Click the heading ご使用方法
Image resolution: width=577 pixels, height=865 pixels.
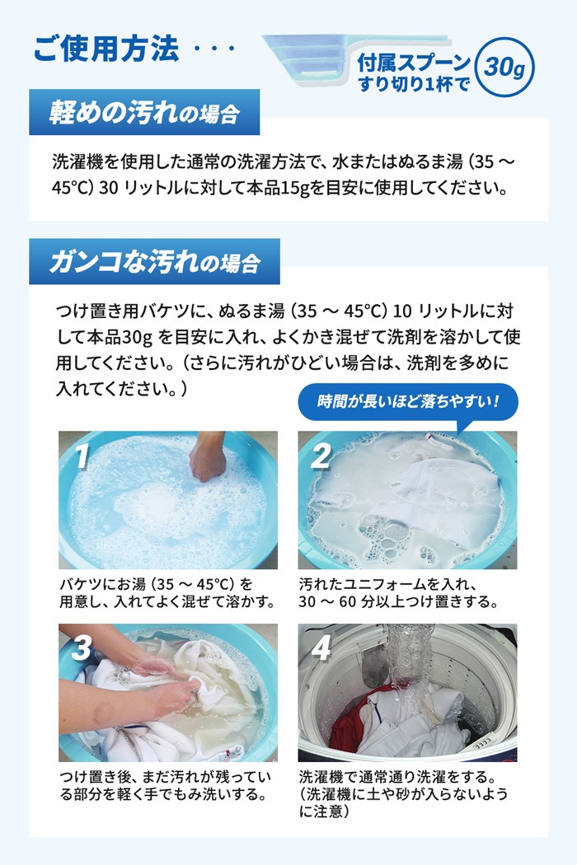point(106,49)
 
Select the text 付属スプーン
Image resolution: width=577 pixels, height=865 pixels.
point(414,63)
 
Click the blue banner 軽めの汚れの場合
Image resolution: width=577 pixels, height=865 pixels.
point(144,113)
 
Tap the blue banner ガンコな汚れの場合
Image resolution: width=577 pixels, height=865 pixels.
point(155,261)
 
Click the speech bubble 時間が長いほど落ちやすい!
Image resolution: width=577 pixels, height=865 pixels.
point(408,402)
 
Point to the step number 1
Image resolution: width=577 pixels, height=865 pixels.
point(82,456)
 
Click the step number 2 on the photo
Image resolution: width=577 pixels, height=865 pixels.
point(321,456)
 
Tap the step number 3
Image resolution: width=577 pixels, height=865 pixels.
point(82,648)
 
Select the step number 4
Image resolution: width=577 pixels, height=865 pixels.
point(321,648)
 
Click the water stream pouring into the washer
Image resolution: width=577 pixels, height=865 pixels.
point(409,662)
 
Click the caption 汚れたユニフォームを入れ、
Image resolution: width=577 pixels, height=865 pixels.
point(387,584)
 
